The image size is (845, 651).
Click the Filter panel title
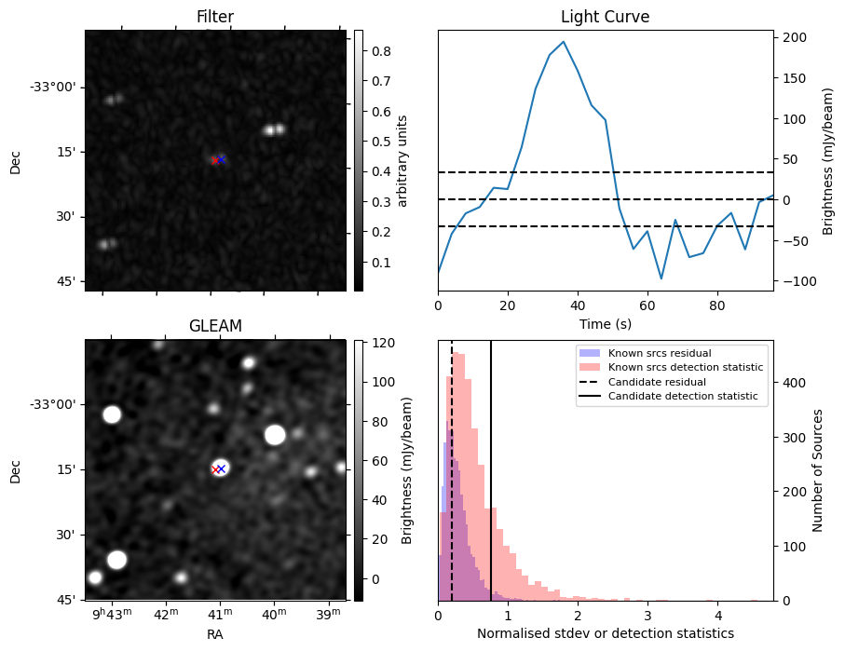[x=214, y=17]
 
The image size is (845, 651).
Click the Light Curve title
[x=605, y=17]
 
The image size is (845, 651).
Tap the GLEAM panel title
[x=214, y=326]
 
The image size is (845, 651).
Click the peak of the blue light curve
[x=563, y=42]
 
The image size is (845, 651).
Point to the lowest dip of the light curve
[x=661, y=278]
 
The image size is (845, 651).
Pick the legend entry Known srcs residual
[x=660, y=353]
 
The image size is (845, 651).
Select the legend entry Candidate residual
[x=657, y=382]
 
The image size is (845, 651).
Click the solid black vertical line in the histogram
[x=491, y=466]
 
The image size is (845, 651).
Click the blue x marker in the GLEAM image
[x=222, y=468]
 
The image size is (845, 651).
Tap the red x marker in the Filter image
[x=214, y=160]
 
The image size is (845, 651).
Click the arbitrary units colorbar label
[x=403, y=160]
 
